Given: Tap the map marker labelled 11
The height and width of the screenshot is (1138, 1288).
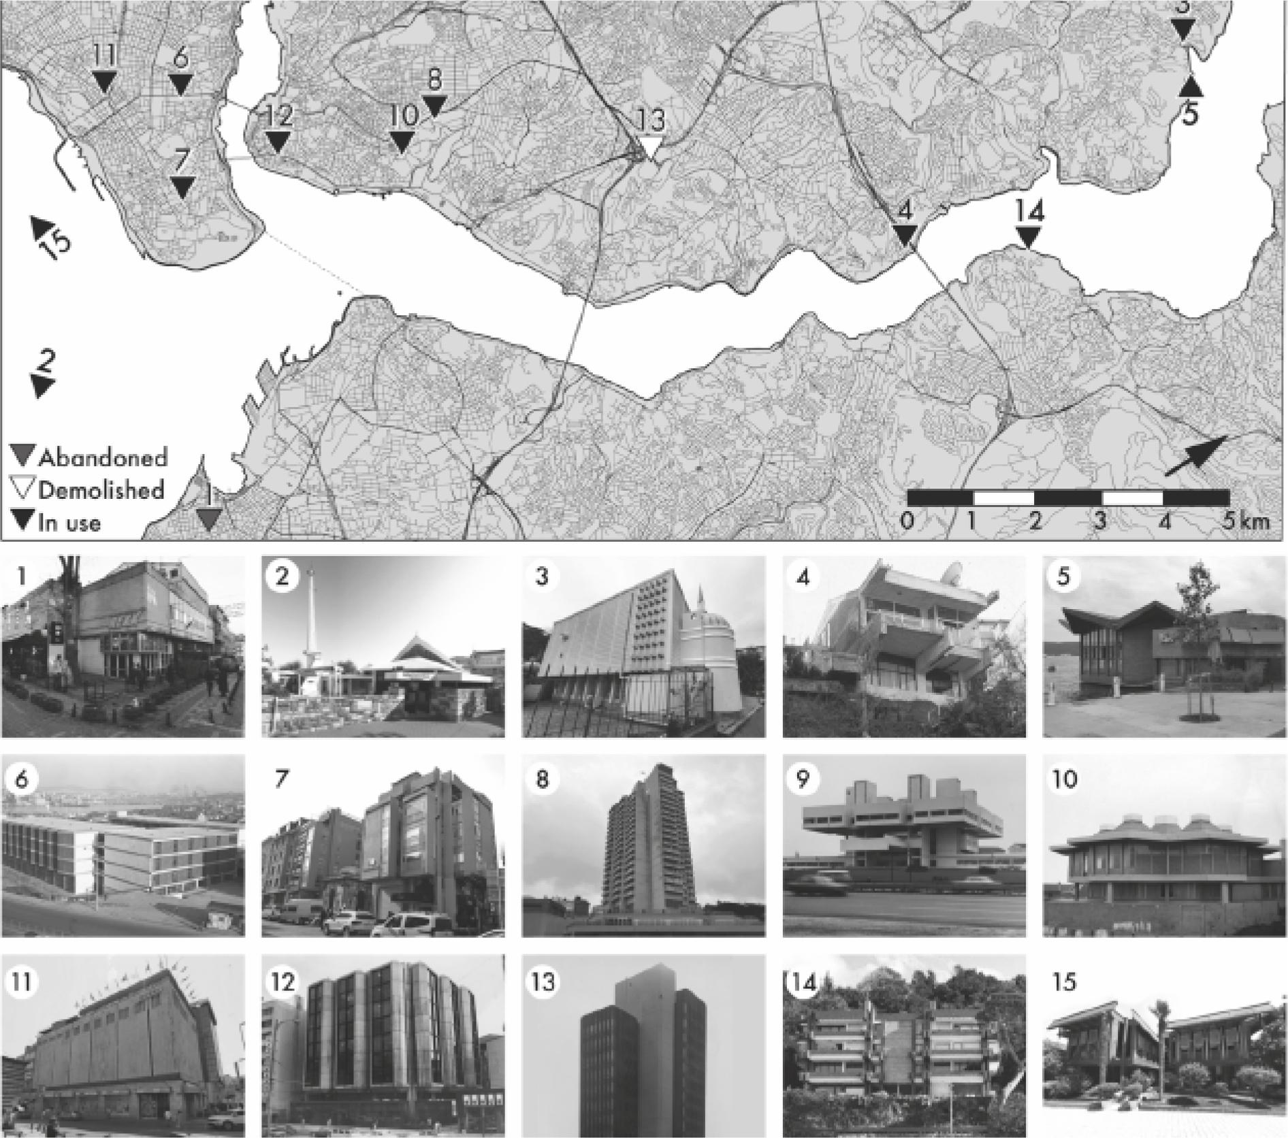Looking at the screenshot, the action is tap(104, 82).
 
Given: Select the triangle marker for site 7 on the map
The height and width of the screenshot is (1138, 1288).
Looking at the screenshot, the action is tap(182, 187).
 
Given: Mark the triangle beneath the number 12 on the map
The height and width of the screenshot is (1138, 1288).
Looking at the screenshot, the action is tap(277, 141).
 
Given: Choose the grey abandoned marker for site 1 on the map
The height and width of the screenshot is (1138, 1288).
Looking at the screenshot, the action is tap(209, 519).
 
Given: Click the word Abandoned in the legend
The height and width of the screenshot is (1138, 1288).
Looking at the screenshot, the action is tap(102, 457).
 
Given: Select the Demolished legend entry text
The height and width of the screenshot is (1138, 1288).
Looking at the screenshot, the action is tap(101, 490).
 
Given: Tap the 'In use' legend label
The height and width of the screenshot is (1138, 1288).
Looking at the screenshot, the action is tap(69, 523).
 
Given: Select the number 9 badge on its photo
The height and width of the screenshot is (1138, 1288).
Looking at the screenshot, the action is tap(802, 779).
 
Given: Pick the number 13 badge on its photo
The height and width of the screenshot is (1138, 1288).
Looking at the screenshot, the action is tap(543, 982).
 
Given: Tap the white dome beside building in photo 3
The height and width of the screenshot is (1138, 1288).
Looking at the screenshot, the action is tap(709, 646).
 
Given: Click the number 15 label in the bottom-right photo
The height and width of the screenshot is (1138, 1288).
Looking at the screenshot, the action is tap(1065, 982).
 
